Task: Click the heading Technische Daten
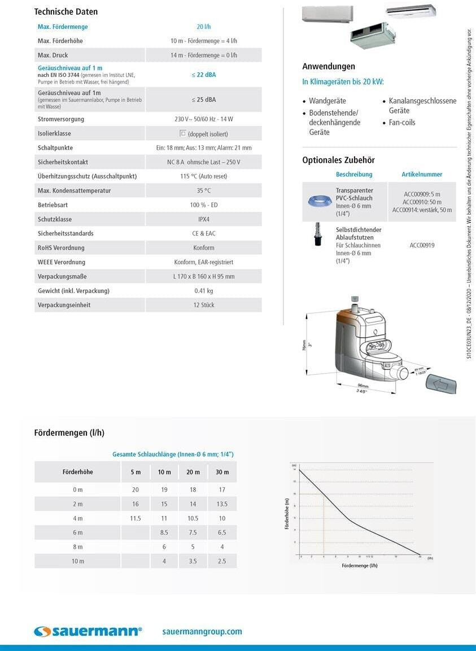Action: (66, 11)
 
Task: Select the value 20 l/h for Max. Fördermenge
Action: (203, 27)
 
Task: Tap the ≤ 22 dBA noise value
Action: (203, 75)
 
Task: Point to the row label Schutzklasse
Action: (55, 219)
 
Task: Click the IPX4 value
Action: (203, 219)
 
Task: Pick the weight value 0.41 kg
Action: (203, 291)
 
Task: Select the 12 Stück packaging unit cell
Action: (203, 305)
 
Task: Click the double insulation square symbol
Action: (182, 134)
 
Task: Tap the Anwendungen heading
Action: (329, 67)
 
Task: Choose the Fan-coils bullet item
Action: (401, 123)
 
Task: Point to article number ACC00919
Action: (422, 246)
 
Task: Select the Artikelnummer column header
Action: (422, 174)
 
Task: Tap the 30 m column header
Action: (222, 472)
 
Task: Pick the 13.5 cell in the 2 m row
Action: (222, 504)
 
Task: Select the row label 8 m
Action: (78, 547)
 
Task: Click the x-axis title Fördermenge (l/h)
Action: (359, 566)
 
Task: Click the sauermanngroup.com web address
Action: (202, 632)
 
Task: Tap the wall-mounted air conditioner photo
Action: (327, 14)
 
